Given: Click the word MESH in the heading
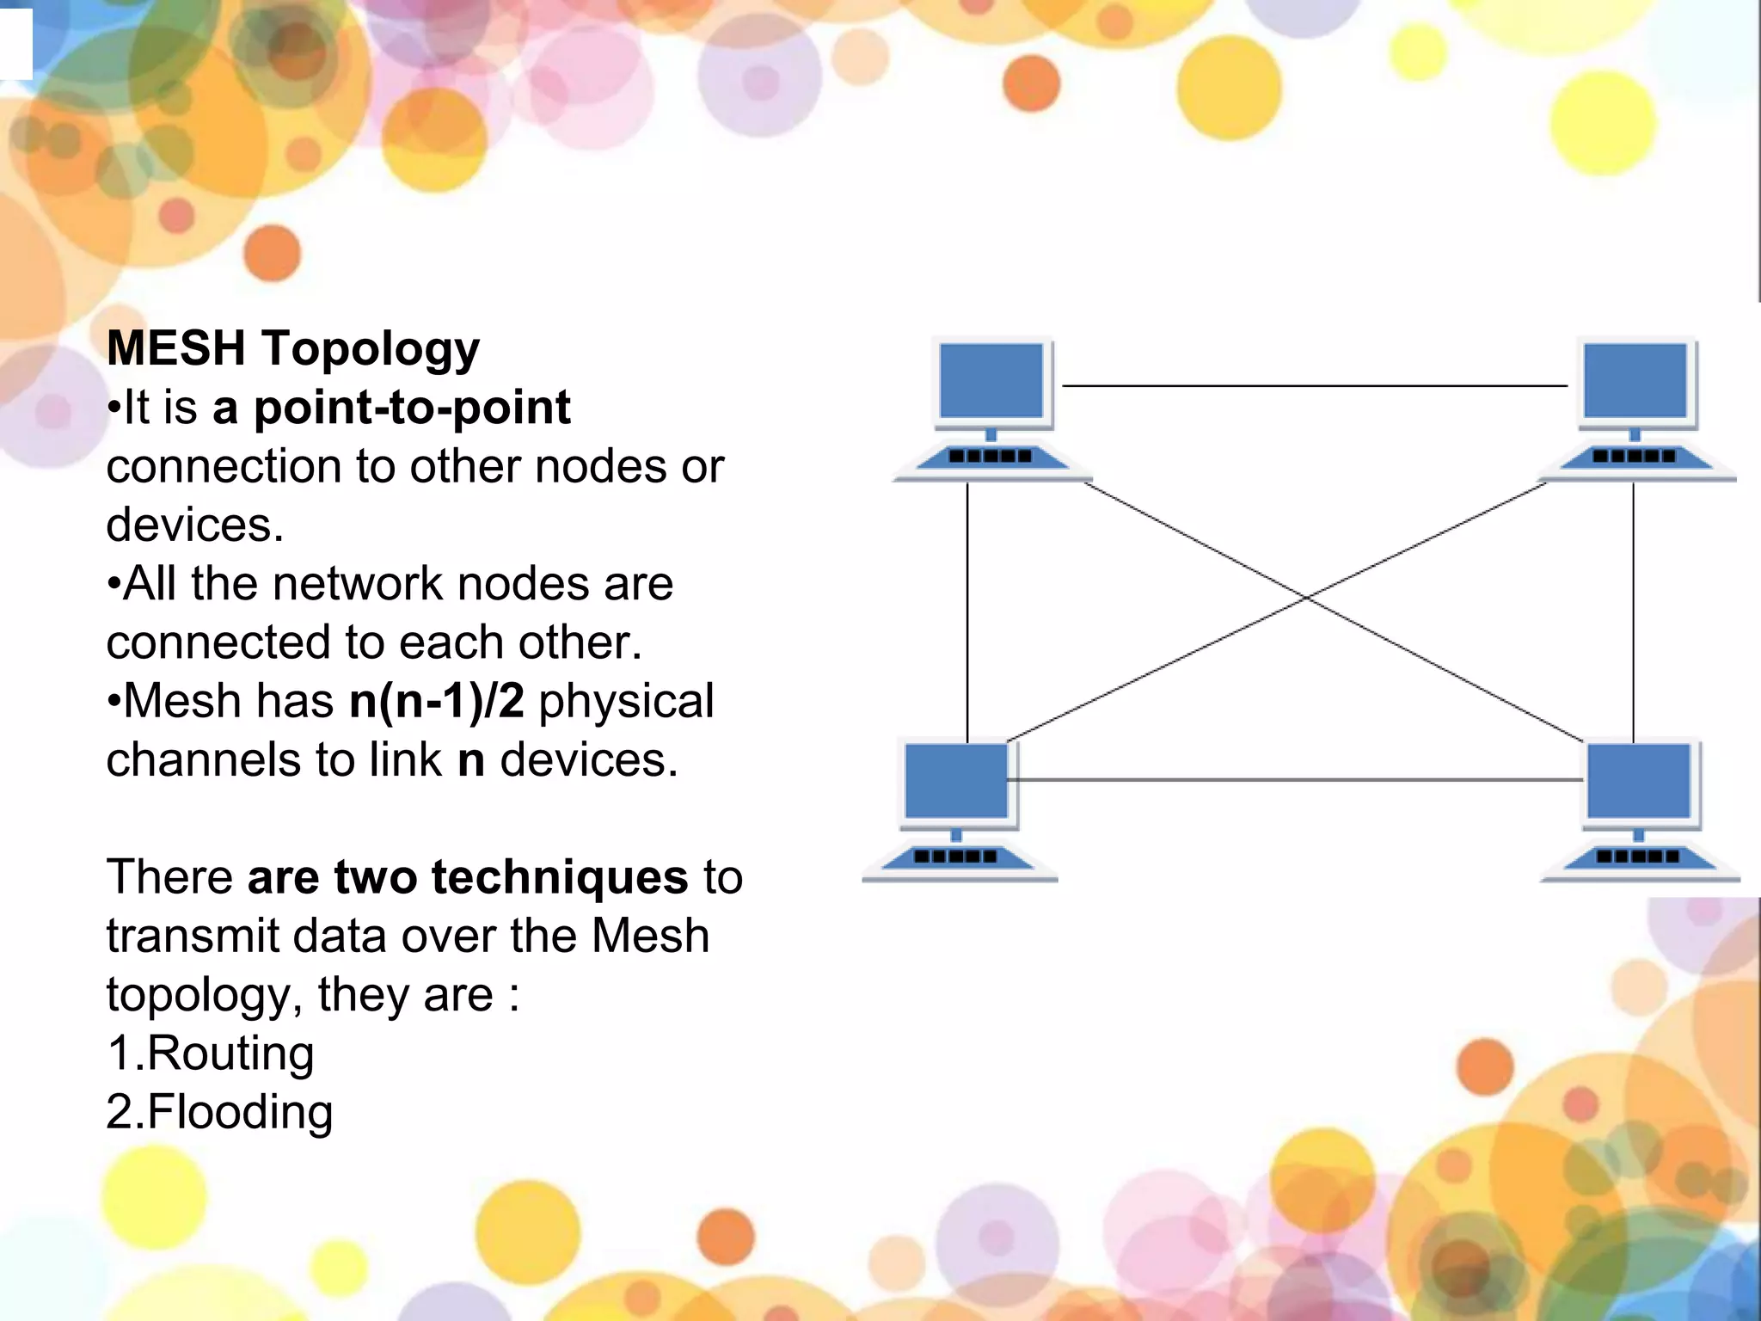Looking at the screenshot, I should point(175,348).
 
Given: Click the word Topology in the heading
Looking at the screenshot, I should point(371,350).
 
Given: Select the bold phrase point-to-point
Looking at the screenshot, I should point(412,407).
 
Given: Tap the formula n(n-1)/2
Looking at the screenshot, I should point(437,701).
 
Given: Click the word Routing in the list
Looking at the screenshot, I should point(230,1054).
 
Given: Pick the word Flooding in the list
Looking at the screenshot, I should point(240,1112).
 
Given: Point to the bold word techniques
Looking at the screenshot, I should point(560,877).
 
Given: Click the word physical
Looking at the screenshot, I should point(627,701).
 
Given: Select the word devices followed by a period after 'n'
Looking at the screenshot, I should point(589,760).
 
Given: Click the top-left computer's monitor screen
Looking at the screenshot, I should point(991,380).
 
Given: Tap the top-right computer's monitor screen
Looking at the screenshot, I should point(1635,380).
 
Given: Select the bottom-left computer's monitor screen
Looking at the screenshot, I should point(956,781).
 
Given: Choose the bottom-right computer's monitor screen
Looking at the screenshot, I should point(1639,781).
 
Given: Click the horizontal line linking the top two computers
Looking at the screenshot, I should point(1316,386).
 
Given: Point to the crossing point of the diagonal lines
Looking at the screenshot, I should point(1306,597).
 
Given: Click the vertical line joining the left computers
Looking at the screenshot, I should point(967,611).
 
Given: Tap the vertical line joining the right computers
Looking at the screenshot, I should point(1633,611).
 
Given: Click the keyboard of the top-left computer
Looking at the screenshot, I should point(991,457).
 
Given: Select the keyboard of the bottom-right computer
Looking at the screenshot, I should point(1638,857).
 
